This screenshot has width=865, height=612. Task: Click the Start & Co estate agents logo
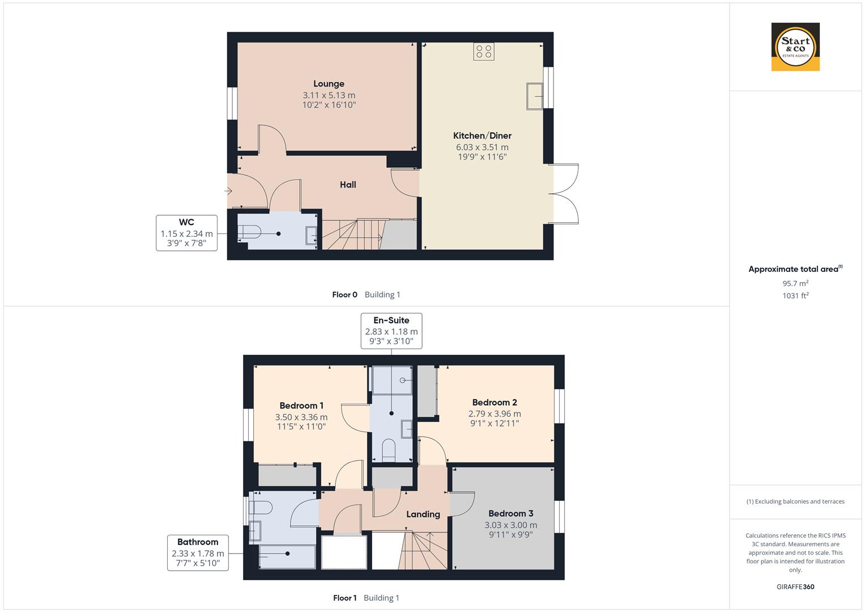point(795,47)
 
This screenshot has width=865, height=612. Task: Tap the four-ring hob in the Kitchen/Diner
point(484,52)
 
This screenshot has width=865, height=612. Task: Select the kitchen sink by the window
point(534,95)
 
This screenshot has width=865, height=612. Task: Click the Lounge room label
point(329,84)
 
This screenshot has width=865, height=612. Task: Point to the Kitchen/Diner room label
point(482,135)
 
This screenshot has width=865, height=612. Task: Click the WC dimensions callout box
point(186,233)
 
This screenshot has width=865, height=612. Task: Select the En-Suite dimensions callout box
point(391,331)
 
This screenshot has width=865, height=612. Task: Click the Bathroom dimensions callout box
point(198,552)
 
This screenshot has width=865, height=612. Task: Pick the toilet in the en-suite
point(389,450)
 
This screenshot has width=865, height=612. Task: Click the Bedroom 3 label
point(510,513)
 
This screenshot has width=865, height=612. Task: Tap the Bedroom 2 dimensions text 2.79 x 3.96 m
point(495,414)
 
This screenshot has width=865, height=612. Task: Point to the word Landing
point(423,514)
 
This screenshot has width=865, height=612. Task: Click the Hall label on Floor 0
point(348,185)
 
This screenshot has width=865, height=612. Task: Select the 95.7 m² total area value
point(795,283)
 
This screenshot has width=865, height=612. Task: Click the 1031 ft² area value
point(795,295)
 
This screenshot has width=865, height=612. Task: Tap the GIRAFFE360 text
point(795,586)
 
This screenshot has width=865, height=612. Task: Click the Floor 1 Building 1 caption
point(366,598)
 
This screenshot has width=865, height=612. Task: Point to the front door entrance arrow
point(229,191)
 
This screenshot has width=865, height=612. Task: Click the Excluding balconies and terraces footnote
point(795,501)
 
